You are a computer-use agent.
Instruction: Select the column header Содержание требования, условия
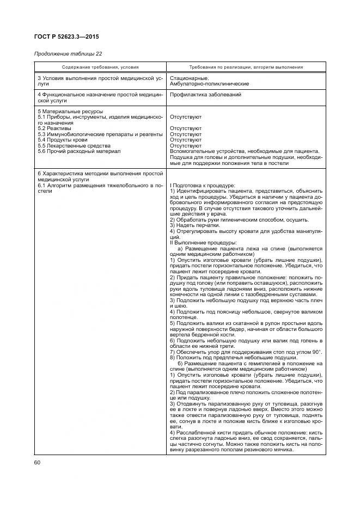100,67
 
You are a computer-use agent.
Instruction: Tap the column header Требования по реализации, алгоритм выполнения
246,67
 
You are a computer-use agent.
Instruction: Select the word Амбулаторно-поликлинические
210,84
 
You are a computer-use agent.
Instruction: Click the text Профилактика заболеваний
205,95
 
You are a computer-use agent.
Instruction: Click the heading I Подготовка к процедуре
203,186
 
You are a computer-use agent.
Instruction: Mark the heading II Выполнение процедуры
203,242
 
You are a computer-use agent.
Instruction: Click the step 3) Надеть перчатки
195,225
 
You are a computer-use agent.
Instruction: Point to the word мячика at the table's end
283,450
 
